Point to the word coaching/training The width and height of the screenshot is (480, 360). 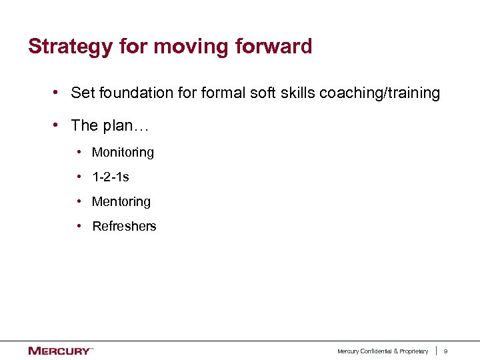pyautogui.click(x=380, y=93)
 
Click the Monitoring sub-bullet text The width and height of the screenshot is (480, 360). pyautogui.click(x=123, y=153)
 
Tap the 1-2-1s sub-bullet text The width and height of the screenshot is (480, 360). pyautogui.click(x=111, y=177)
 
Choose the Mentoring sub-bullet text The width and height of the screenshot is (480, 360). pyautogui.click(x=121, y=201)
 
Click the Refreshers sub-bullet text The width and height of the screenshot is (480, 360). pyautogui.click(x=124, y=226)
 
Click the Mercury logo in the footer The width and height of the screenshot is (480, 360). pyautogui.click(x=60, y=351)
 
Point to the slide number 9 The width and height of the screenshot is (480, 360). pyautogui.click(x=446, y=351)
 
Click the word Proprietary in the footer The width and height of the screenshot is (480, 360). pyautogui.click(x=413, y=351)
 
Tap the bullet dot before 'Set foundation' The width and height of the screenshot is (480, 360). pyautogui.click(x=59, y=93)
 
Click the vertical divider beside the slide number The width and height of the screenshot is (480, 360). pyautogui.click(x=436, y=351)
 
